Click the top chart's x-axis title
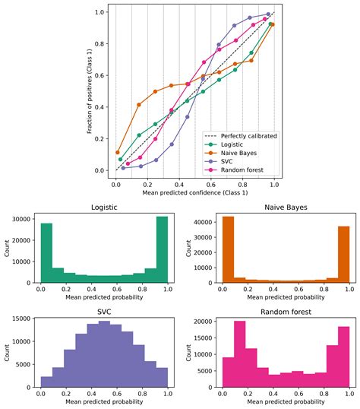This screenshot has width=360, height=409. pyautogui.click(x=194, y=193)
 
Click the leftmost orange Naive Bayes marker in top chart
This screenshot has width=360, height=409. pyautogui.click(x=117, y=153)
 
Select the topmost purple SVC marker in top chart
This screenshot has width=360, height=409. pyautogui.click(x=269, y=14)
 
